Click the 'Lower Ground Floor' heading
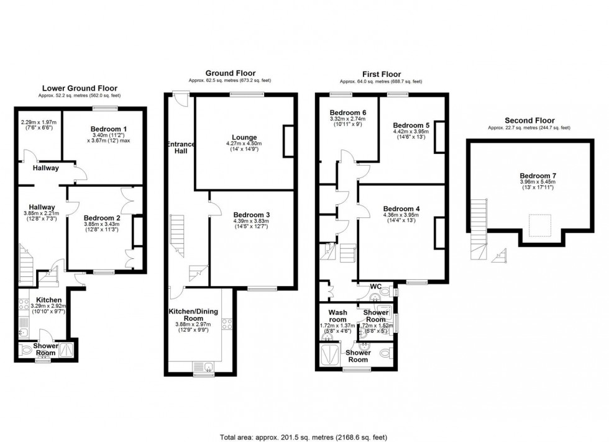[x=79, y=88]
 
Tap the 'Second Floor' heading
[x=529, y=120]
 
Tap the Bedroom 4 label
[x=401, y=208]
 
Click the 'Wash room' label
[x=337, y=317]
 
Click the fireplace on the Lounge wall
[x=289, y=140]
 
